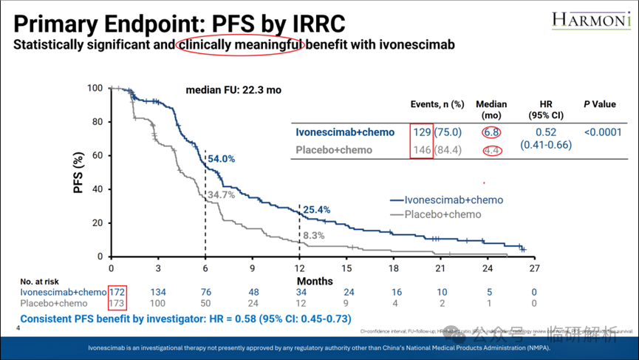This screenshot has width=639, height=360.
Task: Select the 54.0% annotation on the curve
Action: point(222,158)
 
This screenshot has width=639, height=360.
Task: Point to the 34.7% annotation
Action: point(221,194)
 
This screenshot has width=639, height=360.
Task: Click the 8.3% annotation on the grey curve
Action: point(314,235)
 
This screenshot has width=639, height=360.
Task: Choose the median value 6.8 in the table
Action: point(491,132)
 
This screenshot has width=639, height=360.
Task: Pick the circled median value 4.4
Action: point(491,150)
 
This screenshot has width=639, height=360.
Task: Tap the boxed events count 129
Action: point(422,132)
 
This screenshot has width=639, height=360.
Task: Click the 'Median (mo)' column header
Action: point(491,109)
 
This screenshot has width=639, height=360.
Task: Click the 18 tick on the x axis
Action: point(394,268)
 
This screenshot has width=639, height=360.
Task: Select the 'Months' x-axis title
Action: point(315,281)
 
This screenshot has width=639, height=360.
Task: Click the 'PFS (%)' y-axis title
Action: point(79,172)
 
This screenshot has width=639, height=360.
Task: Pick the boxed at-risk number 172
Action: point(117,292)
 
